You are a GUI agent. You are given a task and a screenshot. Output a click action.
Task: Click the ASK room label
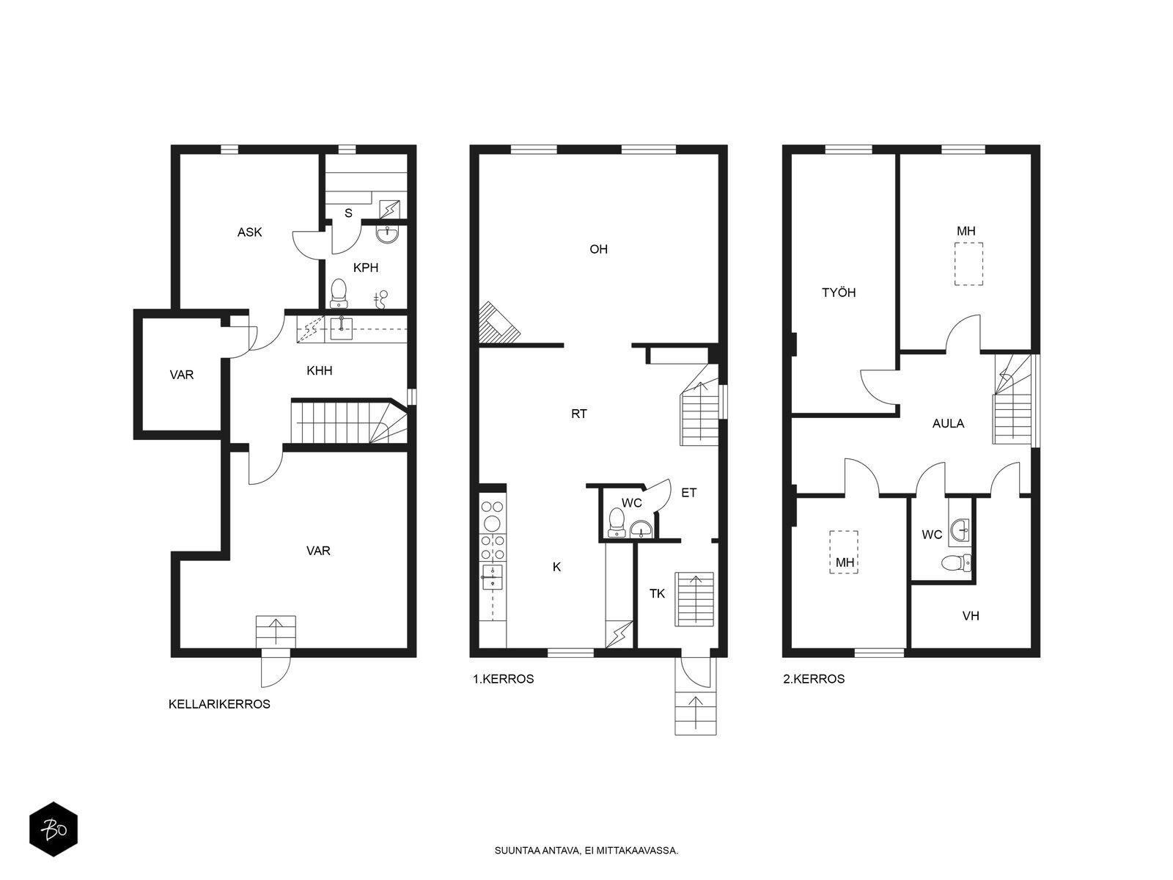click(x=249, y=232)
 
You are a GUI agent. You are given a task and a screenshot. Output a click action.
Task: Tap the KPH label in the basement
click(x=366, y=268)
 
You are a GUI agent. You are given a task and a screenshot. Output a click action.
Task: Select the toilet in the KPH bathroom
click(x=338, y=293)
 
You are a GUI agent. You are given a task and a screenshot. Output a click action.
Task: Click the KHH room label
click(x=319, y=371)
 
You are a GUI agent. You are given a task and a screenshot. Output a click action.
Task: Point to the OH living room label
click(x=598, y=249)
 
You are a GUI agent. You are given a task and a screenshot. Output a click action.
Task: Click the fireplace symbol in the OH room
click(x=498, y=323)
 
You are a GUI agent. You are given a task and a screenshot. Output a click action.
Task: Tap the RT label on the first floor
click(x=578, y=414)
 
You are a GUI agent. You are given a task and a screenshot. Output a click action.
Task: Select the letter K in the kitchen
click(x=556, y=567)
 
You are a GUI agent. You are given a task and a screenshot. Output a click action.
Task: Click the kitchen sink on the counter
click(x=492, y=576)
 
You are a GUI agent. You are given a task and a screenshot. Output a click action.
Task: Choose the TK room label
click(x=657, y=593)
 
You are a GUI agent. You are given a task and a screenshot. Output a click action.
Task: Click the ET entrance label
click(x=689, y=493)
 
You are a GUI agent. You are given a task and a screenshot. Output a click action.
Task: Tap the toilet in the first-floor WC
click(x=617, y=522)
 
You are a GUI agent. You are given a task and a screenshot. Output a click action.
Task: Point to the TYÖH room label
click(x=839, y=293)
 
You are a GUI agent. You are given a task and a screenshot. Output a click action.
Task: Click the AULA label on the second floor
click(x=948, y=424)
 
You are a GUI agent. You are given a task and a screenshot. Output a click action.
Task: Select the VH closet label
click(x=971, y=616)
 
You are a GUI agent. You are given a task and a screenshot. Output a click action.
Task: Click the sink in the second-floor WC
click(x=960, y=530)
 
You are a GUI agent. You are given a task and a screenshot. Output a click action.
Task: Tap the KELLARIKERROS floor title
click(x=219, y=704)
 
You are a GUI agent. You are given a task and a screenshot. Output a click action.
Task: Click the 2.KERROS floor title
click(x=814, y=679)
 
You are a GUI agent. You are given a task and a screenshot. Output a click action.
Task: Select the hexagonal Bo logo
click(x=54, y=829)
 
